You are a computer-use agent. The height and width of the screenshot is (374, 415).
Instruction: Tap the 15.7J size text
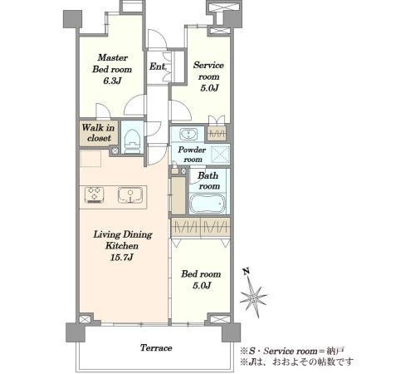[122, 258]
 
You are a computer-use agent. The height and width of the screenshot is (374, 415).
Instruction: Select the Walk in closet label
[98, 133]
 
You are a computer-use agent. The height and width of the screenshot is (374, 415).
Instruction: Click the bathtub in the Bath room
[208, 204]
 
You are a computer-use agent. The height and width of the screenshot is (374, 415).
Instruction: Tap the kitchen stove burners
[95, 195]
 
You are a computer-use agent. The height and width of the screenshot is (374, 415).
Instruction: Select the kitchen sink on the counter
[130, 195]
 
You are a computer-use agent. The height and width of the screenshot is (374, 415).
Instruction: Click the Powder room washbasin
[188, 134]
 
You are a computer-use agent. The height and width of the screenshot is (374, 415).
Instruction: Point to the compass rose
[253, 298]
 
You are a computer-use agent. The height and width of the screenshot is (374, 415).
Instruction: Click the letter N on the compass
[247, 271]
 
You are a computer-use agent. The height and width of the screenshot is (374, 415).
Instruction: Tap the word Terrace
[156, 347]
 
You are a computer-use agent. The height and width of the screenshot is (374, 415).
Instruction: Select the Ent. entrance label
[158, 66]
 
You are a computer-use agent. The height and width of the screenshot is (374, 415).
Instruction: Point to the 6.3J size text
[112, 81]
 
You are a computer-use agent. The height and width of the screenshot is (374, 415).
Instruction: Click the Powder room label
[192, 155]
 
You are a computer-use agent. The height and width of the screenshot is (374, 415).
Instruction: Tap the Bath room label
[208, 180]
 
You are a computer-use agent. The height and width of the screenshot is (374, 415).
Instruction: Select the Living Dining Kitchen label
[123, 240]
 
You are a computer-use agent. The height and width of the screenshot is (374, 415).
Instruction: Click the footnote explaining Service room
[292, 351]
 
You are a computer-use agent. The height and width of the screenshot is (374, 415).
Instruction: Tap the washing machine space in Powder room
[221, 154]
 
